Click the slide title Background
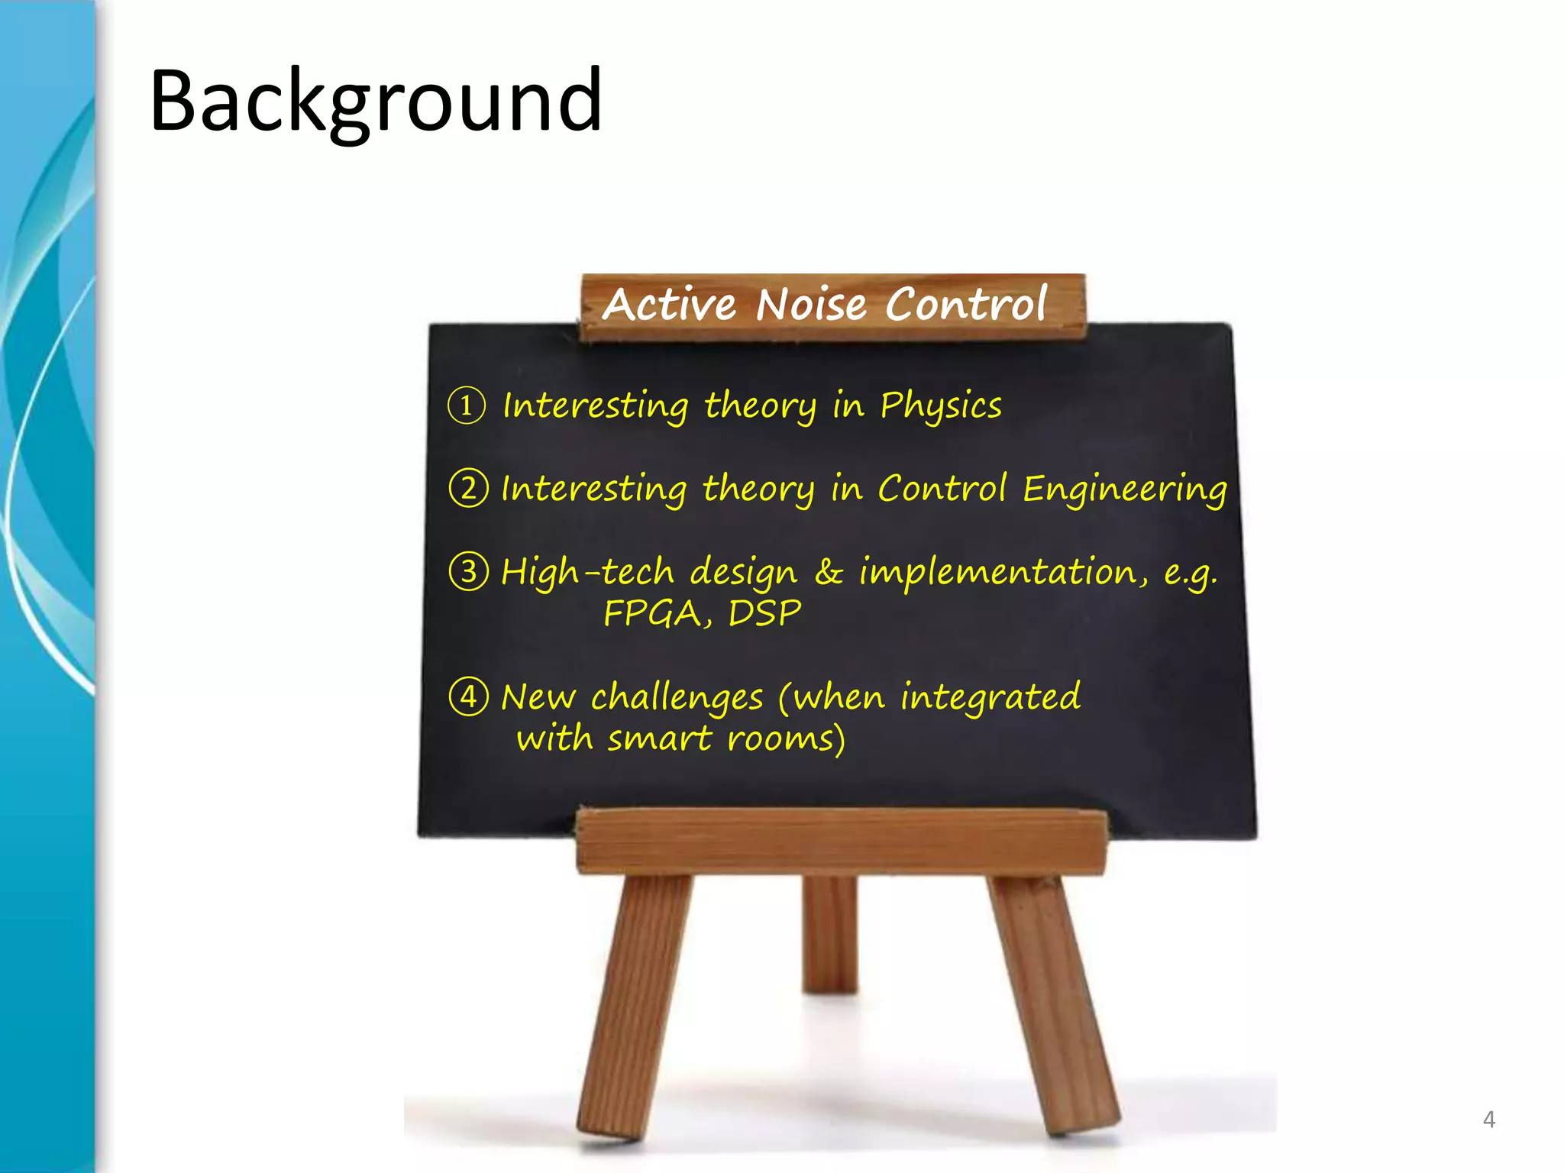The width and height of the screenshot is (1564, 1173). point(376,101)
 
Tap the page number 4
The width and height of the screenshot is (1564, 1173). point(1488,1120)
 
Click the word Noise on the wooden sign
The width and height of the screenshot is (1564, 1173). point(811,305)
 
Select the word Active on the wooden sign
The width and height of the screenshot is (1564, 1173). point(670,305)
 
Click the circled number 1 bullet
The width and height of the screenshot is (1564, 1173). point(467,406)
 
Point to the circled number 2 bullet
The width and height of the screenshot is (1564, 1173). point(468,488)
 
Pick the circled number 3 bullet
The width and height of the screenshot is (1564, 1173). point(468,571)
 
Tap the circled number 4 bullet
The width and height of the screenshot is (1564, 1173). point(468,696)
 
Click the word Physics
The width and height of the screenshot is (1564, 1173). point(940,406)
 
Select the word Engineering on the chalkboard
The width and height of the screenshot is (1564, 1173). point(1124,490)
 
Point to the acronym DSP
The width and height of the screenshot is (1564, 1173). point(764,613)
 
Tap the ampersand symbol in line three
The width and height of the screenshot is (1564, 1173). point(829,571)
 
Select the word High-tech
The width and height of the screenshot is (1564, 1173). point(587,572)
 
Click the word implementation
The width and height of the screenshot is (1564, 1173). point(1003,572)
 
